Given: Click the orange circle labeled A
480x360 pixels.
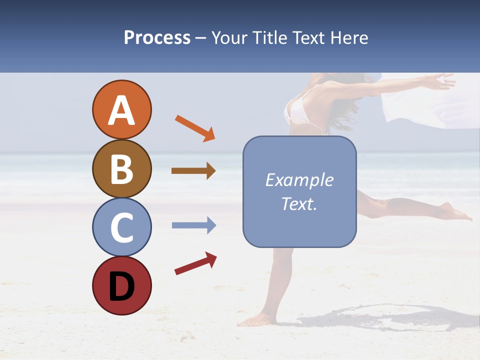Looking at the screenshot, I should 121,109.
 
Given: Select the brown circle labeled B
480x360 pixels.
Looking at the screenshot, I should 121,168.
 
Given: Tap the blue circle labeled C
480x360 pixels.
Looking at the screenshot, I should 121,227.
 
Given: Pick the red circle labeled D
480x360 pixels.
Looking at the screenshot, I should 121,285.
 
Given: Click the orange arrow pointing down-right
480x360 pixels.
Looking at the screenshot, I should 195,128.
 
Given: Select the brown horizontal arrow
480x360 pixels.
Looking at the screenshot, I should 193,171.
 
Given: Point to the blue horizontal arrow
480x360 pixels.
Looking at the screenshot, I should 193,225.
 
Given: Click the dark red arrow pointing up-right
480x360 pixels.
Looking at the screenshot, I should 195,263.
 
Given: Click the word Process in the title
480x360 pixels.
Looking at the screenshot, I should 157,37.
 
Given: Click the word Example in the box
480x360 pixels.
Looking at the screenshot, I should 299,180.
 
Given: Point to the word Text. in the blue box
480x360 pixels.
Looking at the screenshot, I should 299,203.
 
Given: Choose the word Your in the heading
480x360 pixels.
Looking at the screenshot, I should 230,37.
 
